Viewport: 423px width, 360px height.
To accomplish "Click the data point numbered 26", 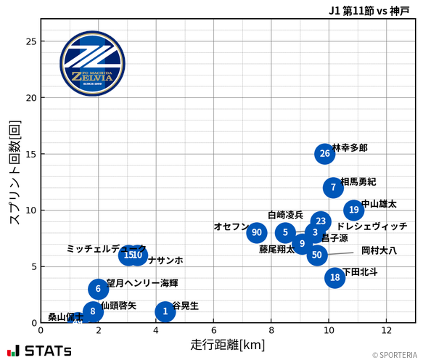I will tap(324, 154).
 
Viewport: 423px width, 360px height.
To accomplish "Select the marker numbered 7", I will tap(333, 187).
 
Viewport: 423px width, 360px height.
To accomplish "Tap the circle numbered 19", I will tap(353, 210).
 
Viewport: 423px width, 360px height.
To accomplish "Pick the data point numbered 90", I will tap(256, 232).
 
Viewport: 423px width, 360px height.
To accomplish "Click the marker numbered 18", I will tap(334, 277).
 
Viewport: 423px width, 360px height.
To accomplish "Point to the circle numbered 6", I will tap(98, 289).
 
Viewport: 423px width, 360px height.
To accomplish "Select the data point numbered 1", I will tap(165, 311).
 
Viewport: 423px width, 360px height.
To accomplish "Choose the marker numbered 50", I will tap(316, 255).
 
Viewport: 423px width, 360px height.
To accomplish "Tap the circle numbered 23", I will tap(321, 221).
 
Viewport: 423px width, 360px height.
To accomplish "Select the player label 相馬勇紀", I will tap(358, 181).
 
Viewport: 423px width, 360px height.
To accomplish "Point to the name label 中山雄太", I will tap(379, 204).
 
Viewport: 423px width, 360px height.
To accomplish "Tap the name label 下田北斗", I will tap(360, 271).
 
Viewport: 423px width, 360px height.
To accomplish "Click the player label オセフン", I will tap(231, 226).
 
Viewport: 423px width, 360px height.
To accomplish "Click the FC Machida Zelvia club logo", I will tap(87, 64).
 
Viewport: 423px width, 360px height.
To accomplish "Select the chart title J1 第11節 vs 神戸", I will tap(368, 10).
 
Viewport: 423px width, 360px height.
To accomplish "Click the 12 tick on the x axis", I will tap(386, 330).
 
